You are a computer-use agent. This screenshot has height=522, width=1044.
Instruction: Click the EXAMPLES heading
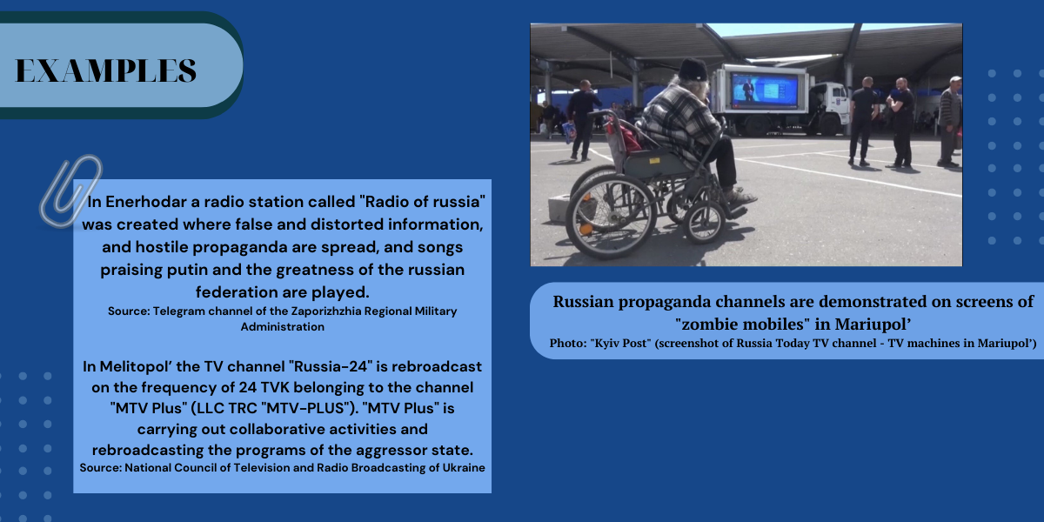point(106,70)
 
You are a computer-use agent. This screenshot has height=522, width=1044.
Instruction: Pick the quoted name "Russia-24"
point(331,366)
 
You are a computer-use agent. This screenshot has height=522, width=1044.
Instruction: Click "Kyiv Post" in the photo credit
point(621,343)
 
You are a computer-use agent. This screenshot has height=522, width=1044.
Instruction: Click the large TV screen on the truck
point(764,90)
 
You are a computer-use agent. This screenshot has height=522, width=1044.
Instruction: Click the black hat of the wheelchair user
point(693,69)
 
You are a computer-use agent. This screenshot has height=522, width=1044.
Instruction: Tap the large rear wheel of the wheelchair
point(611,217)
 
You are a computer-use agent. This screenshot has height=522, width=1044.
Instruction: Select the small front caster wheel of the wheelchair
point(704,223)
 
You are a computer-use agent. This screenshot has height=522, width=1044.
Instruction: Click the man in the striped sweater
point(950,121)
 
